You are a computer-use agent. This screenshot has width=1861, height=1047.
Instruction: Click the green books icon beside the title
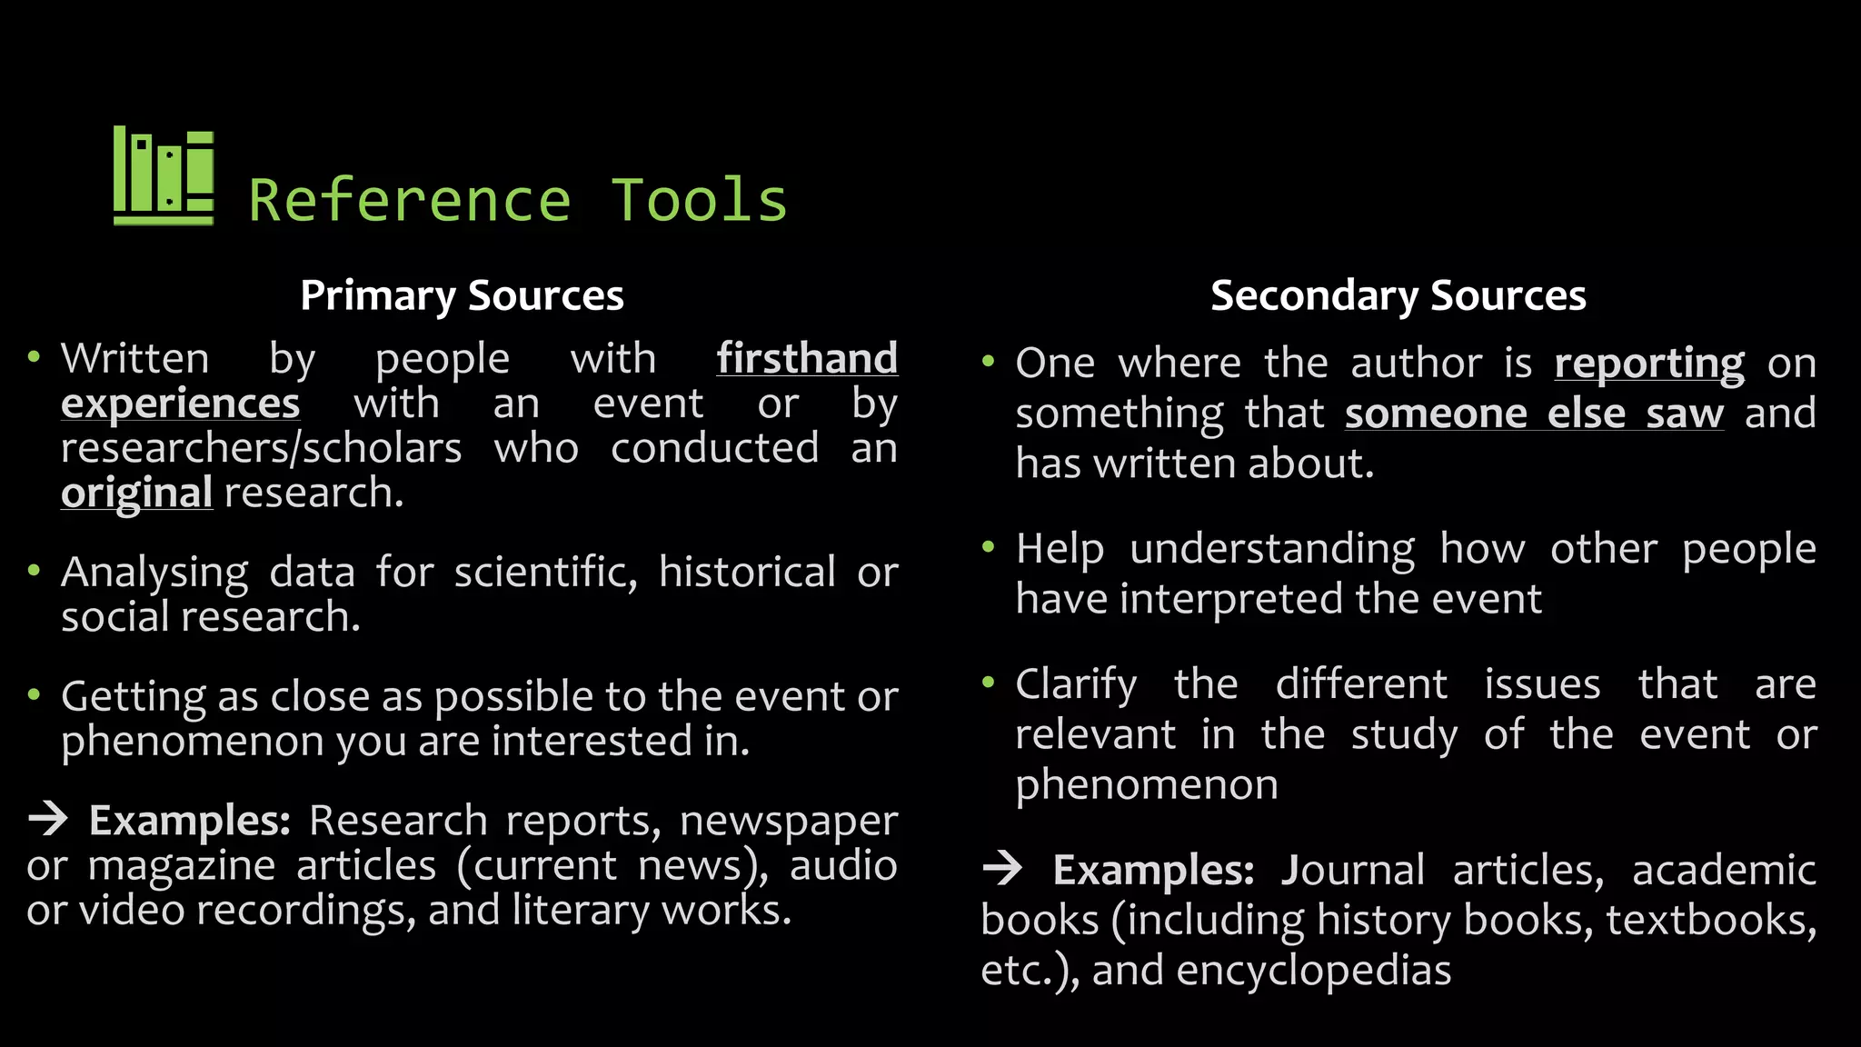tap(164, 175)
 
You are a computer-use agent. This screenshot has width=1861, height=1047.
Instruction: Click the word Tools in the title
tap(699, 201)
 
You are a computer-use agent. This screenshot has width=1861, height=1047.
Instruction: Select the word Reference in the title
tap(410, 201)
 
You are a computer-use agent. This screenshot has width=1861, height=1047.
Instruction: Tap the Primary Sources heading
tap(462, 295)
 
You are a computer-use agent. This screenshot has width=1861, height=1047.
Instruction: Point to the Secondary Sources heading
tap(1398, 295)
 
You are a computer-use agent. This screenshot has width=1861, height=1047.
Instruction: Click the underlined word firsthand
tap(807, 358)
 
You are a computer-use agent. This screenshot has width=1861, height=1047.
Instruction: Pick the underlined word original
tap(136, 493)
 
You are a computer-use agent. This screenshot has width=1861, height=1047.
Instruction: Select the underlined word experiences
tap(180, 404)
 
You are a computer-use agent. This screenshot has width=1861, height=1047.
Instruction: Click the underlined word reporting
tap(1648, 364)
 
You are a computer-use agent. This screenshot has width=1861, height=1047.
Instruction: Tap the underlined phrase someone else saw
tap(1534, 414)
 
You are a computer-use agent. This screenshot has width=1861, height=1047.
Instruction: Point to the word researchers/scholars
tap(262, 448)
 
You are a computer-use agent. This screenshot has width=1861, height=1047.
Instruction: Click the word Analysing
tap(154, 573)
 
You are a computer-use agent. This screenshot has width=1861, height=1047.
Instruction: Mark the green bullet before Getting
tap(35, 695)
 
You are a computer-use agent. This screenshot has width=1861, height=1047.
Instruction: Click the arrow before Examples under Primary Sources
tap(48, 819)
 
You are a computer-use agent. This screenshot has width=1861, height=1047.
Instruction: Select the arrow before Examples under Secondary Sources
tap(1002, 869)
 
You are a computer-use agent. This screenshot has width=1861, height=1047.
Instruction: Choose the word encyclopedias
tap(1314, 970)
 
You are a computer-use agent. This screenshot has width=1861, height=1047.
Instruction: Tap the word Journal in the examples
tap(1352, 870)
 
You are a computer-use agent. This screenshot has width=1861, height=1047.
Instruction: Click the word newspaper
tap(789, 822)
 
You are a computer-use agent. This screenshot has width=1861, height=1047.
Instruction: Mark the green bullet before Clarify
tap(989, 682)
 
